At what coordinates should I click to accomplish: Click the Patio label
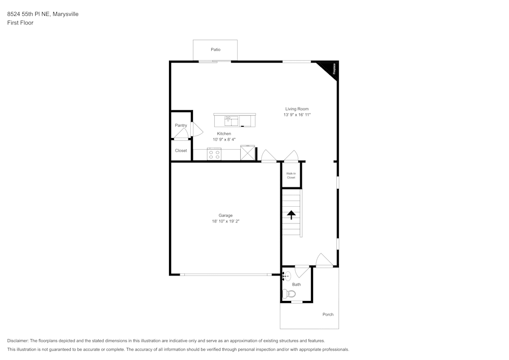pos(216,49)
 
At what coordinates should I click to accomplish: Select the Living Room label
pos(297,109)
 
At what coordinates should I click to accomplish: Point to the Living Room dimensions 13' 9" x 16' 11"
pos(297,115)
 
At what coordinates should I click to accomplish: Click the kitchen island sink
pos(232,121)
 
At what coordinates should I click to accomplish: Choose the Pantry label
pos(181,125)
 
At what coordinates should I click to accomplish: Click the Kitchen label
pos(224,134)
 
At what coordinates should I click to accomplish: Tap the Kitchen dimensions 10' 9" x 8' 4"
pos(224,140)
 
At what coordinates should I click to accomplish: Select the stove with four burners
pos(214,154)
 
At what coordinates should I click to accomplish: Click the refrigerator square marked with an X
pos(247,153)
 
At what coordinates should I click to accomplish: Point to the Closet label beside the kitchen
pos(181,151)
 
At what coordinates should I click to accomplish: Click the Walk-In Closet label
pos(291,176)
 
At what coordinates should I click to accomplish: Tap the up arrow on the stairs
pos(292,215)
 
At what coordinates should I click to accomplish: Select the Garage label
pos(225,215)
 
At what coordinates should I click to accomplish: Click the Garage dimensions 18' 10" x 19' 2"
pos(225,221)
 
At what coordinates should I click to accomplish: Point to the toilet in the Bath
pos(289,293)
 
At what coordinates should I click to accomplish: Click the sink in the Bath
pos(287,276)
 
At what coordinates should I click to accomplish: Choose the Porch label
pos(328,315)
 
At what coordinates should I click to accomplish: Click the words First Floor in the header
pos(20,23)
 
